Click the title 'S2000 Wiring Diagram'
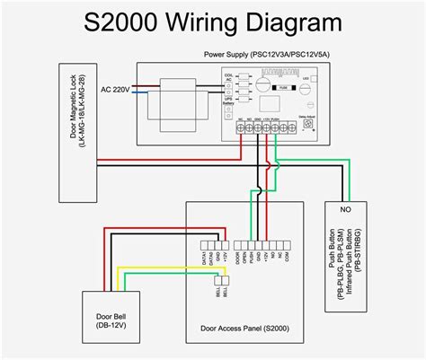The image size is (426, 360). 212,22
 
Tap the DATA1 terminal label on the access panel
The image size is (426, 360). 206,258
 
